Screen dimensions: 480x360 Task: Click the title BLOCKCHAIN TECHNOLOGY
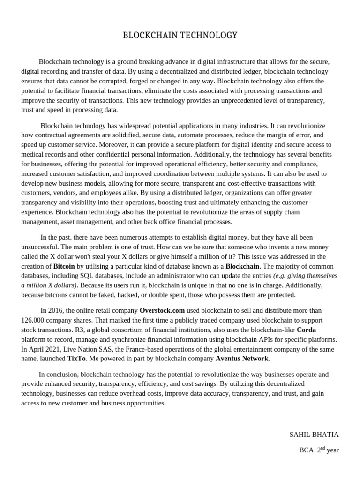(x=180, y=36)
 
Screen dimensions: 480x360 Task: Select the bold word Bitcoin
(x=64, y=266)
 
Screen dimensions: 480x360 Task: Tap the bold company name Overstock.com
(x=162, y=310)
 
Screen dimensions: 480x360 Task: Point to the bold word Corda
(x=306, y=330)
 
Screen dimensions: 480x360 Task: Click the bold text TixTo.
(x=77, y=359)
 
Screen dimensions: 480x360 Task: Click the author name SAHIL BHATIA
(x=314, y=435)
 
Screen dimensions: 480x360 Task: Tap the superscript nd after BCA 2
(x=322, y=448)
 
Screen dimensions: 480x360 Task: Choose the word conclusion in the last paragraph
(x=62, y=375)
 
